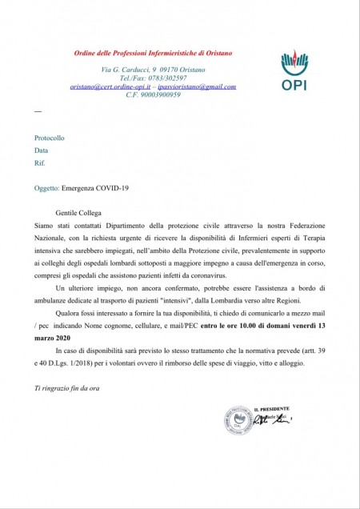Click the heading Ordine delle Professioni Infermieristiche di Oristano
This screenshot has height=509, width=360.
click(x=142, y=53)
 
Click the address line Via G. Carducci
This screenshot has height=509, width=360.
click(x=123, y=70)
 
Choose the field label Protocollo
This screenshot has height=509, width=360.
click(x=49, y=138)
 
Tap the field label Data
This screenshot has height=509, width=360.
click(x=41, y=150)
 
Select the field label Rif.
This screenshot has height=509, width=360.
click(x=39, y=162)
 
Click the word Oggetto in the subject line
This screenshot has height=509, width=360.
click(x=46, y=188)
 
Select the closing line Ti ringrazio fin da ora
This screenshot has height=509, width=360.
click(x=66, y=389)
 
